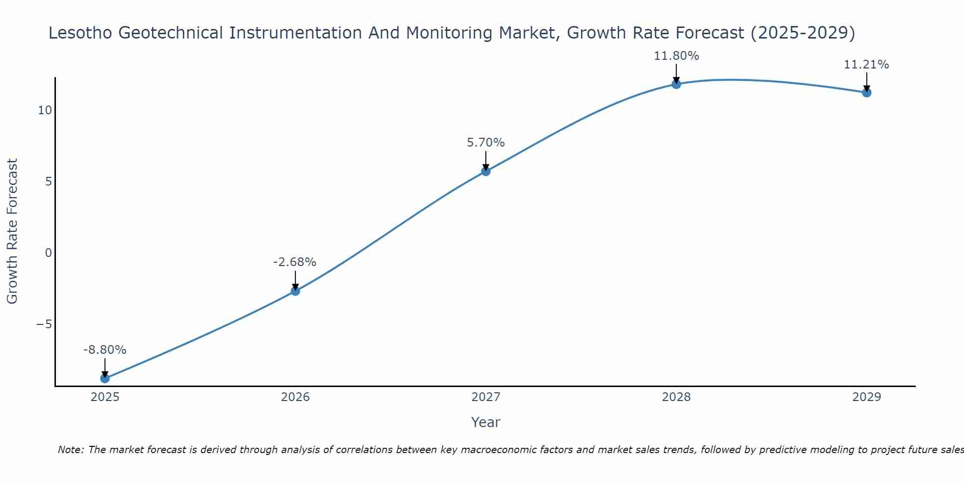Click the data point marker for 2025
tap(105, 378)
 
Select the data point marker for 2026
tap(295, 291)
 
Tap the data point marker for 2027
tap(486, 171)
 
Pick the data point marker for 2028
tap(676, 84)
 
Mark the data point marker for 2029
tap(867, 93)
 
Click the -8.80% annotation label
tap(105, 350)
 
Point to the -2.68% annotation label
tap(295, 262)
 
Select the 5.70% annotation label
tap(486, 143)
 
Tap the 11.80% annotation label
tap(676, 56)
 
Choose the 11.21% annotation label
tap(866, 65)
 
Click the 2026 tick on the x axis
tap(295, 398)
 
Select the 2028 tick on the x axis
tap(676, 398)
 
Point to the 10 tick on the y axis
tap(45, 110)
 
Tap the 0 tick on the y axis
tap(48, 253)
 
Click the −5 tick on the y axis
tap(44, 324)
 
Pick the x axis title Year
tap(486, 423)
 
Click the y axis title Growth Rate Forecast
tap(13, 231)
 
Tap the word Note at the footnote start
tap(71, 450)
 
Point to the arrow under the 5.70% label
tap(486, 161)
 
